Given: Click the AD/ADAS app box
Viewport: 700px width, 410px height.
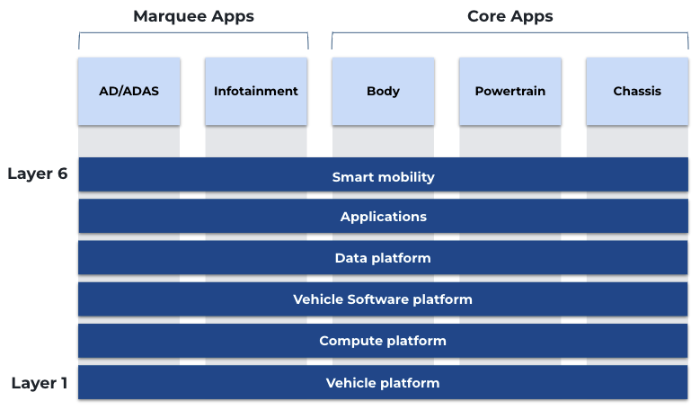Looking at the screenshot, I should tap(128, 91).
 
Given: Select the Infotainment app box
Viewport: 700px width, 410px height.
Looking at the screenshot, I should tap(256, 91).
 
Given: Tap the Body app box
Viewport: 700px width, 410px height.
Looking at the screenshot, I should tap(383, 91).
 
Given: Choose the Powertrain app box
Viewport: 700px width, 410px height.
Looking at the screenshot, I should tap(510, 91).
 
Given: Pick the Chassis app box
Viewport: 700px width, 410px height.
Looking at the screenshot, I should tap(637, 91).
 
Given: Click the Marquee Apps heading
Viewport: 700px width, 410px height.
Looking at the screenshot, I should tap(193, 16).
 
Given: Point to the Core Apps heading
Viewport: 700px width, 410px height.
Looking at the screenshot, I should tap(509, 16).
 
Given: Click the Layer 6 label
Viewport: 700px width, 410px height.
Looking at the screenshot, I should tap(38, 174).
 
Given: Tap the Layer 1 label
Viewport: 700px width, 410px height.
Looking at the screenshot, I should tap(40, 383).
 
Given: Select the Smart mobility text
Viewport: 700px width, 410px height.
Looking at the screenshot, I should tap(383, 177).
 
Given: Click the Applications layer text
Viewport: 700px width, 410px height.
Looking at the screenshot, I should tap(383, 217).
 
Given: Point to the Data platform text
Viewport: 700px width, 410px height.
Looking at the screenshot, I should tap(383, 258).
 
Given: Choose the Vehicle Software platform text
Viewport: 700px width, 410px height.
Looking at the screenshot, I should tap(383, 299).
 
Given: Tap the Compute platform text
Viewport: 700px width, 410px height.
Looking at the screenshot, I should tap(383, 341).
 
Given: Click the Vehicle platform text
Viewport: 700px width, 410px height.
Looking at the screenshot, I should tap(383, 383).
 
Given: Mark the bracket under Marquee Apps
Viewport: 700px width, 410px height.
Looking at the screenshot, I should tap(193, 35).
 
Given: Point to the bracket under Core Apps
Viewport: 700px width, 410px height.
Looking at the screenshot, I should tap(509, 35).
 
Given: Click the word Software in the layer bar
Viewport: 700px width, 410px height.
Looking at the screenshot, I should tap(377, 299).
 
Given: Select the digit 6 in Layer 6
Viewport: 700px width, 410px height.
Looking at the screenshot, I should tap(62, 174).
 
